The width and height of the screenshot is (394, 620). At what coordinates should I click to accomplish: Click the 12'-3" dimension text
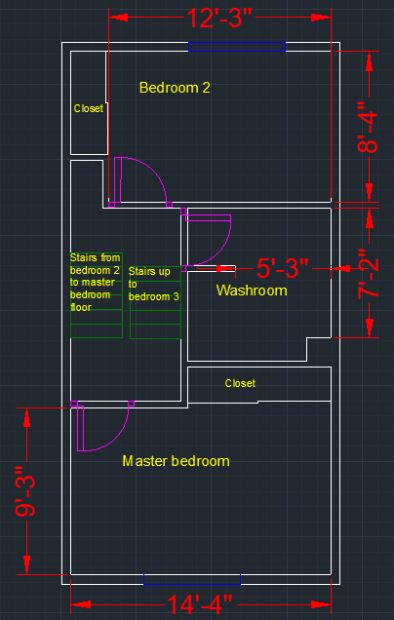(220, 18)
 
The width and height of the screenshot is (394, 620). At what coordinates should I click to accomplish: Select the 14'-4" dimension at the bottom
(199, 604)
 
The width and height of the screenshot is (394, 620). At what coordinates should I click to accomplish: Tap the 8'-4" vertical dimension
(368, 127)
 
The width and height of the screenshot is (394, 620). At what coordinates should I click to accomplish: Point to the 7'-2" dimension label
(369, 273)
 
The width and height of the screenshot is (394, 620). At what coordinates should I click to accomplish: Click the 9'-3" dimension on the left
(25, 491)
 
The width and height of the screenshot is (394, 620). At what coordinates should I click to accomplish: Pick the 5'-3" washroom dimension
(282, 268)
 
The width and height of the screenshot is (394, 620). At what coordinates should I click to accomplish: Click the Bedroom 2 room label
(175, 88)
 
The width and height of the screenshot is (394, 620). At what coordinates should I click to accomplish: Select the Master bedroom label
(177, 461)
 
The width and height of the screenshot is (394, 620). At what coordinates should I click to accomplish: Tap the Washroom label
(252, 291)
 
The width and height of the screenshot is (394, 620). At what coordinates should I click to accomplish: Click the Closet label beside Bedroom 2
(89, 108)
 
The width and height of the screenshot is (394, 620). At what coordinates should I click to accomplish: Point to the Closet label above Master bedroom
(240, 383)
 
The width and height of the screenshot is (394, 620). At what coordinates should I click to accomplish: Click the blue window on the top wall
(237, 47)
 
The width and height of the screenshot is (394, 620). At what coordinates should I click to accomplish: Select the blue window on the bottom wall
(192, 580)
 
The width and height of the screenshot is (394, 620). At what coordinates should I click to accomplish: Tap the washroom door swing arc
(223, 250)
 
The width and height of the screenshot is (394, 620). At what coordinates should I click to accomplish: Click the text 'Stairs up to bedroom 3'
(154, 285)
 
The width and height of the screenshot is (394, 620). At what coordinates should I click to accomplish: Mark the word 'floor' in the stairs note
(79, 307)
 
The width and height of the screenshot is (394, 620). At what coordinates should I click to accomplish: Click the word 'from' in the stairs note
(110, 258)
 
